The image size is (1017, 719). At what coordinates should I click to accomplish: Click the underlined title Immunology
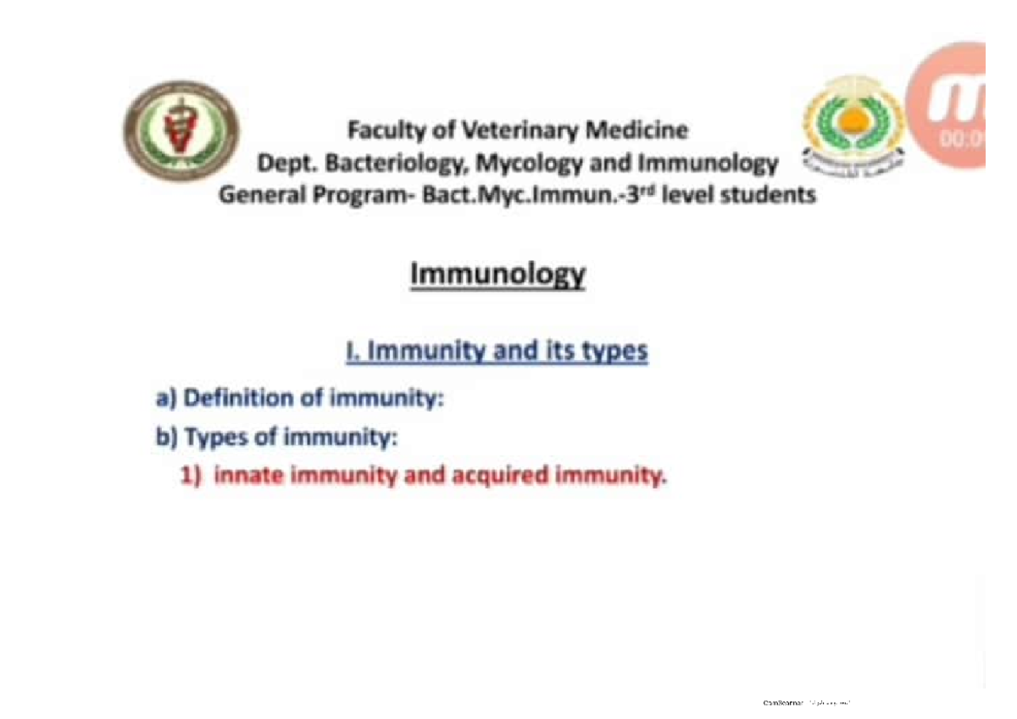pyautogui.click(x=497, y=276)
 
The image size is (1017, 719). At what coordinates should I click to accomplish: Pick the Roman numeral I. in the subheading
pyautogui.click(x=352, y=352)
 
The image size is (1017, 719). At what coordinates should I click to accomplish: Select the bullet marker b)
pyautogui.click(x=166, y=438)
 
